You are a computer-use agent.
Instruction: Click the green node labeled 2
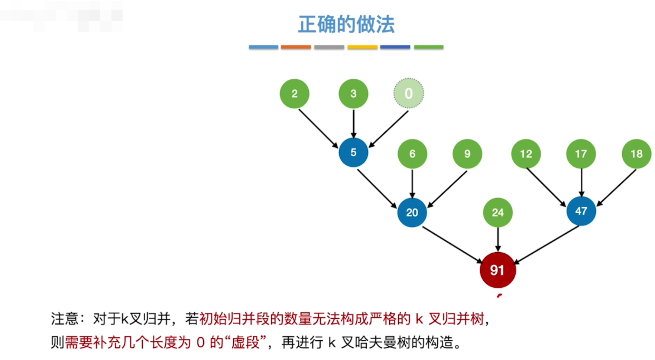[x=294, y=94]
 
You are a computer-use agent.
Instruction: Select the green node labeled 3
[x=353, y=94]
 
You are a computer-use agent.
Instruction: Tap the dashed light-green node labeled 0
[x=409, y=93]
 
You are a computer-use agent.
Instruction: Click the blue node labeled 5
[x=353, y=152]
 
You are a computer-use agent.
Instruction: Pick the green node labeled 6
[x=412, y=154]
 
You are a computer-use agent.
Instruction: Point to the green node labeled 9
[x=467, y=154]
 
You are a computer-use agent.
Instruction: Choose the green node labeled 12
[x=526, y=154]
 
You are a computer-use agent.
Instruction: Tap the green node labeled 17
[x=581, y=154]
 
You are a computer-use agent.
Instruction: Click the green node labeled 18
[x=636, y=154]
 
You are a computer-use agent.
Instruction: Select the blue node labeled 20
[x=412, y=213]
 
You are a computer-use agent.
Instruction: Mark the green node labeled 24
[x=498, y=213]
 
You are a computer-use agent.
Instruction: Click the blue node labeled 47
[x=581, y=211]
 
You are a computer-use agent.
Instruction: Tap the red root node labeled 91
[x=498, y=270]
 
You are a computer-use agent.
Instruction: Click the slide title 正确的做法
[x=346, y=25]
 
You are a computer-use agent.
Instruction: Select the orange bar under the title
[x=296, y=47]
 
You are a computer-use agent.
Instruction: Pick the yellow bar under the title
[x=362, y=47]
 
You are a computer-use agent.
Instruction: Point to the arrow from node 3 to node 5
[x=353, y=123]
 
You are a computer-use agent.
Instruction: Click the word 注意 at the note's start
[x=65, y=319]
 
